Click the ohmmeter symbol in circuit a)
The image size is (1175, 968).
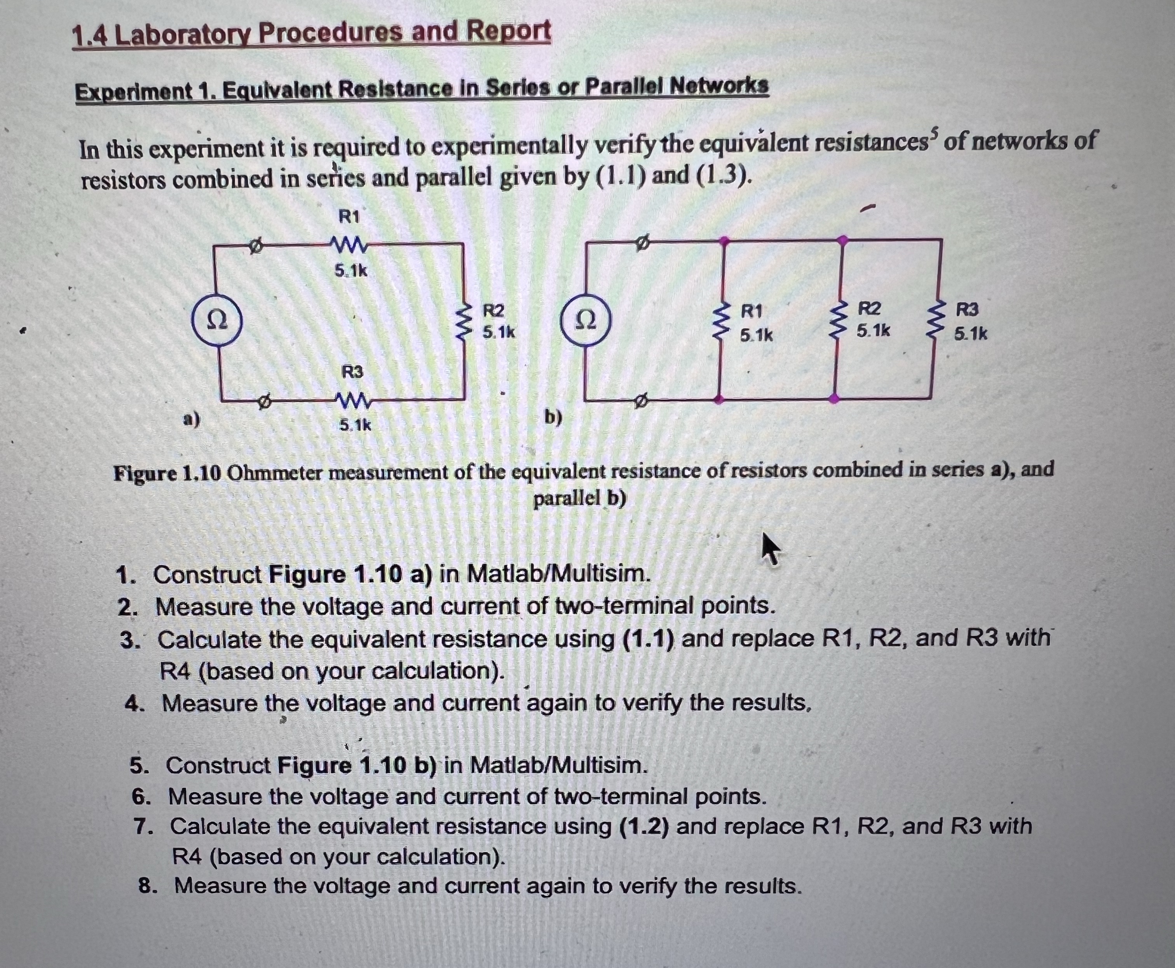point(217,320)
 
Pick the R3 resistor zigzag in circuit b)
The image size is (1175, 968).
point(935,321)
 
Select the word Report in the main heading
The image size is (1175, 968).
point(508,31)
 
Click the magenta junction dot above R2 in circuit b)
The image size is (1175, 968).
point(843,240)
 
